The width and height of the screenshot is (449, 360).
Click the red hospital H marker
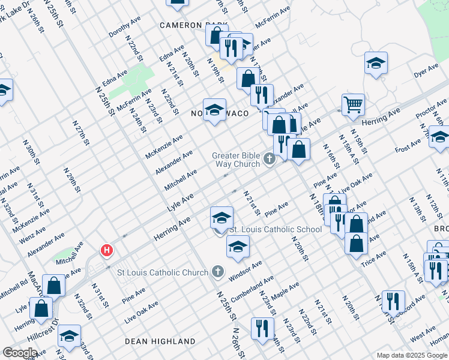pos(107,250)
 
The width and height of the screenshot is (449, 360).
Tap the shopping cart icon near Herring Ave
pos(353,104)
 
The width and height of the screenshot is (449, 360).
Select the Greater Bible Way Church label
pos(237,160)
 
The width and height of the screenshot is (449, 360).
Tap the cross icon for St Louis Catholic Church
pos(217,272)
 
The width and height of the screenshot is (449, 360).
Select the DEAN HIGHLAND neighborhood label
pos(160,341)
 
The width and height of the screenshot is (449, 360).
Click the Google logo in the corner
pos(20,353)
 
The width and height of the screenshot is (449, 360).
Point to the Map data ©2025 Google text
pos(411,355)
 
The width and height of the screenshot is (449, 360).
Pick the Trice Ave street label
pos(373,260)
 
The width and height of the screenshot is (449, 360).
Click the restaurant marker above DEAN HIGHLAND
pos(262,328)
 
